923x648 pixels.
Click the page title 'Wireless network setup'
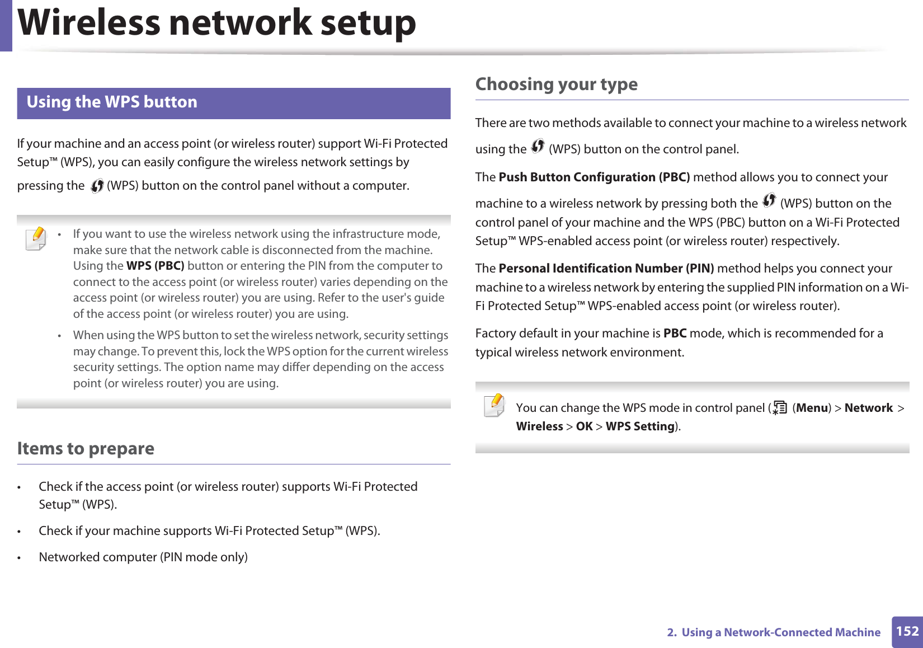click(217, 24)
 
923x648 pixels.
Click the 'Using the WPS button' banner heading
click(112, 102)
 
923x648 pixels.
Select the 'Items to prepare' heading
click(86, 449)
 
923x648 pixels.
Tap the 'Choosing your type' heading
click(556, 84)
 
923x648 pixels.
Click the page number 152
click(907, 632)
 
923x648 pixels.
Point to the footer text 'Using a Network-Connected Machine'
click(780, 632)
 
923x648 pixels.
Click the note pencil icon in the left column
click(36, 238)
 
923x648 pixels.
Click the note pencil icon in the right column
click(495, 405)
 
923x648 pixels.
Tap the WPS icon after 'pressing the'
click(97, 186)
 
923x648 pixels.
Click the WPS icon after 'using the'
click(538, 147)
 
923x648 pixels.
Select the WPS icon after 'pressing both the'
click(769, 200)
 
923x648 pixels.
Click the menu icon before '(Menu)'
click(779, 408)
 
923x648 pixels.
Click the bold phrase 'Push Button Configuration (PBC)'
click(594, 177)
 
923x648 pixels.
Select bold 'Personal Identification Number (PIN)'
click(606, 269)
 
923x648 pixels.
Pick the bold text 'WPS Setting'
click(640, 426)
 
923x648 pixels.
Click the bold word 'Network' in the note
click(868, 408)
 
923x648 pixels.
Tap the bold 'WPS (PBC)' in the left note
click(155, 266)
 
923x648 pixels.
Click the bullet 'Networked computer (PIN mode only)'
click(143, 557)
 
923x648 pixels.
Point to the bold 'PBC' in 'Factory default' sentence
click(675, 334)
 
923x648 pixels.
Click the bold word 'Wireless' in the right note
click(539, 426)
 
